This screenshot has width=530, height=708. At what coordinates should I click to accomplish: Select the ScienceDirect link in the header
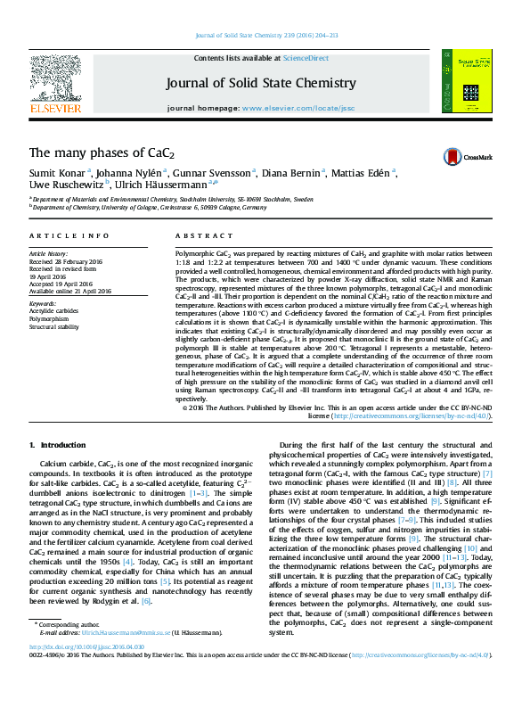coord(306,58)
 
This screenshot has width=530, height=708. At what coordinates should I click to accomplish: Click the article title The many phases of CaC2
coord(102,153)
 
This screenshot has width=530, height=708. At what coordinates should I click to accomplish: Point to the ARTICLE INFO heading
coord(60,235)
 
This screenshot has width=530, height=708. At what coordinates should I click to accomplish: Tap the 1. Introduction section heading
coord(57,445)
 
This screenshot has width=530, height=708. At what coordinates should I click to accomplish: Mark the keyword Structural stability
coord(54,326)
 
